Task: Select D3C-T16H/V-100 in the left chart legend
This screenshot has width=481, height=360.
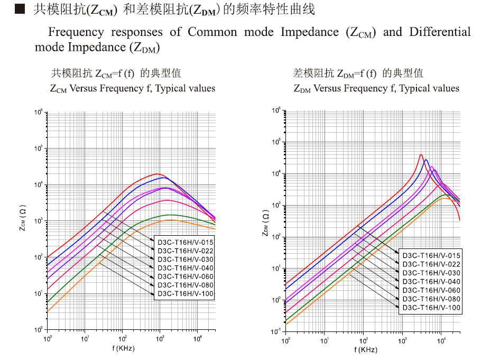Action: (x=185, y=293)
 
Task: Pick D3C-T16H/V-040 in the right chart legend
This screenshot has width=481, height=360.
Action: (x=430, y=281)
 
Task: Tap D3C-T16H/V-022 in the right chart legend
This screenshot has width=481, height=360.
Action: (x=430, y=264)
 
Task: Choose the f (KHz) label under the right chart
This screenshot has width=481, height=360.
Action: (x=366, y=350)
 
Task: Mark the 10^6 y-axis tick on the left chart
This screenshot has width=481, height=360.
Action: (x=39, y=113)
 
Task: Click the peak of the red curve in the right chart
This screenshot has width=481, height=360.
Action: (x=421, y=155)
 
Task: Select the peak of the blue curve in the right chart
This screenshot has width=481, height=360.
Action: (x=426, y=160)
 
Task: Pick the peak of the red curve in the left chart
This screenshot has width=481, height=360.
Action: (x=157, y=174)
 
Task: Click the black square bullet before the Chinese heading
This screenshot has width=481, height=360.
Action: (x=20, y=8)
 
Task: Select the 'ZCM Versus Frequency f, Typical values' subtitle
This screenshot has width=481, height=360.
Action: (x=133, y=88)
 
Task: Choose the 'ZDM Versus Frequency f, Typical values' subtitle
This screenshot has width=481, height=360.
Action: (x=376, y=88)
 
